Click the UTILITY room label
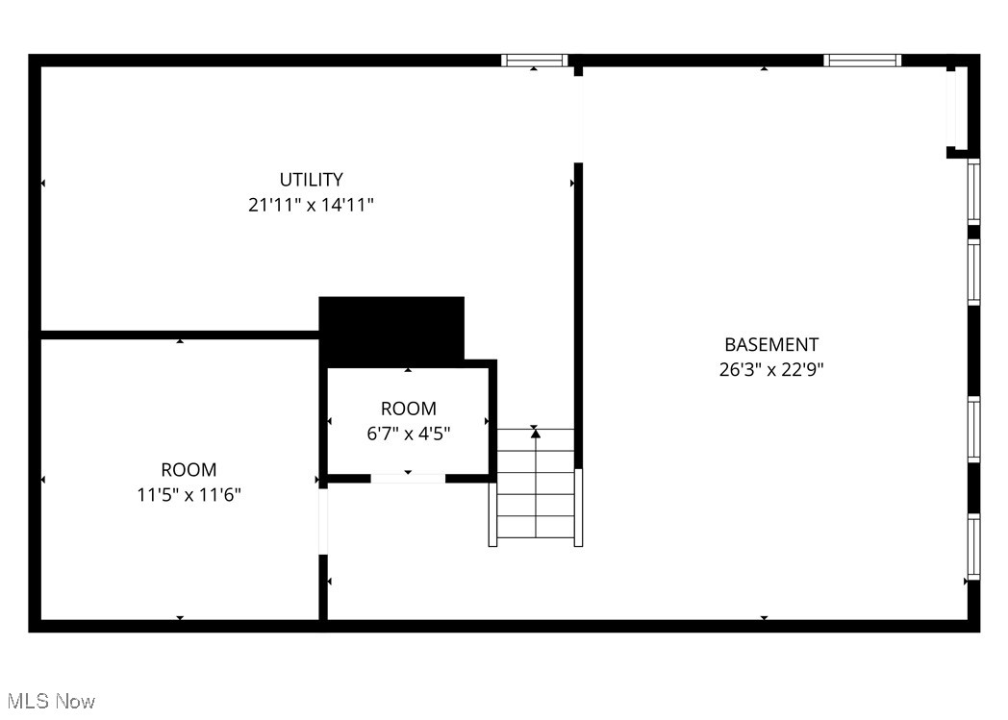click(311, 180)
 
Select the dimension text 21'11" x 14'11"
click(311, 205)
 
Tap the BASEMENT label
click(771, 344)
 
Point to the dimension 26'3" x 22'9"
click(771, 369)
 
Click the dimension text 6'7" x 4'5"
click(408, 434)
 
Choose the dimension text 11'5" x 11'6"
click(189, 495)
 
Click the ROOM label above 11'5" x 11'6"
click(189, 470)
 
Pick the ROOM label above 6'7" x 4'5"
click(408, 409)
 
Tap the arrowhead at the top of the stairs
click(536, 434)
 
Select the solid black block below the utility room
click(391, 329)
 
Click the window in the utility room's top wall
click(535, 61)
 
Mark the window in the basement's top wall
click(862, 61)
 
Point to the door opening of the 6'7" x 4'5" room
click(408, 478)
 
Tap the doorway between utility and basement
click(578, 115)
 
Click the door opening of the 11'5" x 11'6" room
click(323, 522)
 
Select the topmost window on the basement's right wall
click(973, 191)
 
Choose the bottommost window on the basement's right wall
click(973, 547)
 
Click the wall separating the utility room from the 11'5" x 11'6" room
click(179, 335)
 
